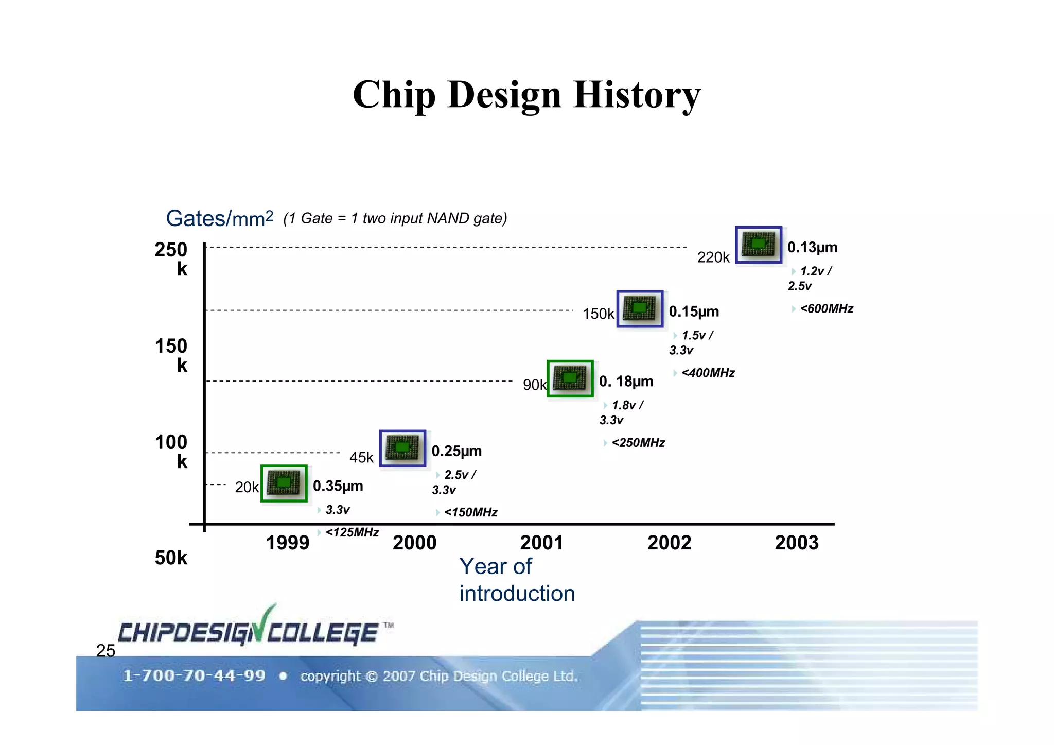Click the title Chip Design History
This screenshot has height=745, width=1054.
click(526, 95)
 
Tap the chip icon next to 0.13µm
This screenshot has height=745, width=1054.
click(758, 245)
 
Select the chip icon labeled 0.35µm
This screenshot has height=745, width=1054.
click(284, 483)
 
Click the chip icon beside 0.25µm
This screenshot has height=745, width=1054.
click(402, 448)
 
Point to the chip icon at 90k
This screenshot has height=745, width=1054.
click(570, 378)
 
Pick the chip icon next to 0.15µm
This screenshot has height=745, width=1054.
click(640, 308)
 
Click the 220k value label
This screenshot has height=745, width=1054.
click(713, 257)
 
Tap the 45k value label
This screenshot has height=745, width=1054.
click(361, 457)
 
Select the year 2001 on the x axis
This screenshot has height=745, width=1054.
click(541, 543)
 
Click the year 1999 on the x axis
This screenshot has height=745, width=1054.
click(287, 543)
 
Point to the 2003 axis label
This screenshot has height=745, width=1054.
click(796, 543)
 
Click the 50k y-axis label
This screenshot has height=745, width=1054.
click(171, 558)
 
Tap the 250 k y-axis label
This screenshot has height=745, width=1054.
click(171, 259)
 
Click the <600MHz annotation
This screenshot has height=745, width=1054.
click(826, 309)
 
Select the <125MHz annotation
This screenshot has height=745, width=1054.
click(352, 532)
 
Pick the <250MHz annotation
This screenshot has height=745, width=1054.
click(638, 443)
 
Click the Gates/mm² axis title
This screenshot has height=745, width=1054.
click(219, 219)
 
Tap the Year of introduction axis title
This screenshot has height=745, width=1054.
click(516, 580)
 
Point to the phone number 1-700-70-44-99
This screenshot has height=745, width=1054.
click(194, 675)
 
